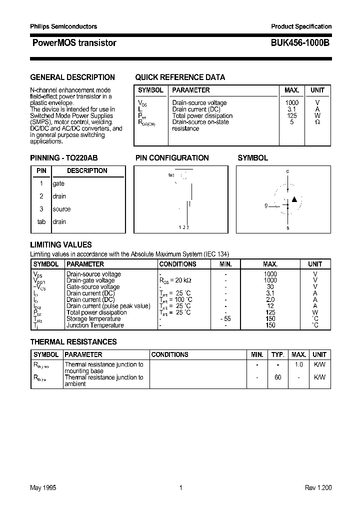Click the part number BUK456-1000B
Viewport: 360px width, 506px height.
pos(300,43)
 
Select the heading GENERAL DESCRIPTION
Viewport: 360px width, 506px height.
pos(72,77)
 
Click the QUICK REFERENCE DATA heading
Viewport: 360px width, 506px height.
pos(180,77)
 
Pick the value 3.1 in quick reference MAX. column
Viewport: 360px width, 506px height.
pos(292,109)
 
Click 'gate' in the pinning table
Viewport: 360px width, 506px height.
pos(58,183)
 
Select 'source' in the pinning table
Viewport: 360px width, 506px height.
pos(61,209)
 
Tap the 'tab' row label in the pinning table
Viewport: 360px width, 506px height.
pos(41,221)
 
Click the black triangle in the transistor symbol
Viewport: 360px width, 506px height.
pos(294,199)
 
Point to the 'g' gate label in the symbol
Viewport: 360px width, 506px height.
pos(266,205)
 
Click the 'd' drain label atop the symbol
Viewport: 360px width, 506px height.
pos(287,171)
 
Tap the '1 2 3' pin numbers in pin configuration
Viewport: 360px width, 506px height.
pos(183,227)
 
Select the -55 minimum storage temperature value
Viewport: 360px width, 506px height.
pos(225,318)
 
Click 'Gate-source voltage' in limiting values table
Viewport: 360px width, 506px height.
pos(93,286)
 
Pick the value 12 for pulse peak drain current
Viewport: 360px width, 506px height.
pos(270,306)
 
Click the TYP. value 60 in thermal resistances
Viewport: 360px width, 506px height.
pos(277,377)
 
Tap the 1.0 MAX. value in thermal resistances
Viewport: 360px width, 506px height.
pos(298,364)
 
